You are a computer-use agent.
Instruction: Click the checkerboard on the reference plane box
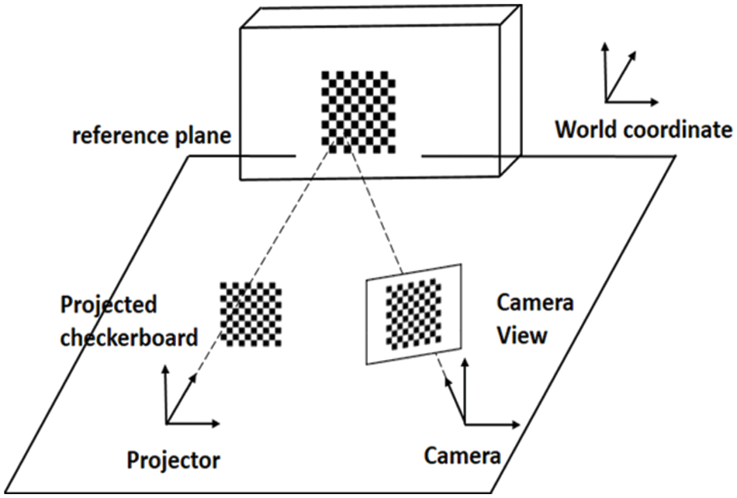click(358, 112)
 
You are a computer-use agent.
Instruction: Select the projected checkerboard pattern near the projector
click(251, 313)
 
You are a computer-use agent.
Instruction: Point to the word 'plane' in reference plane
click(202, 136)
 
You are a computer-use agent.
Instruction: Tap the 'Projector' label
click(174, 460)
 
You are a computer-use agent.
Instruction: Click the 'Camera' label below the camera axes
click(462, 455)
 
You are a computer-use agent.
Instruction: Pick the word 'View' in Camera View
click(521, 335)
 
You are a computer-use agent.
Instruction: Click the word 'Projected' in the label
click(108, 305)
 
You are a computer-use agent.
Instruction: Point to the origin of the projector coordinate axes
click(166, 423)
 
